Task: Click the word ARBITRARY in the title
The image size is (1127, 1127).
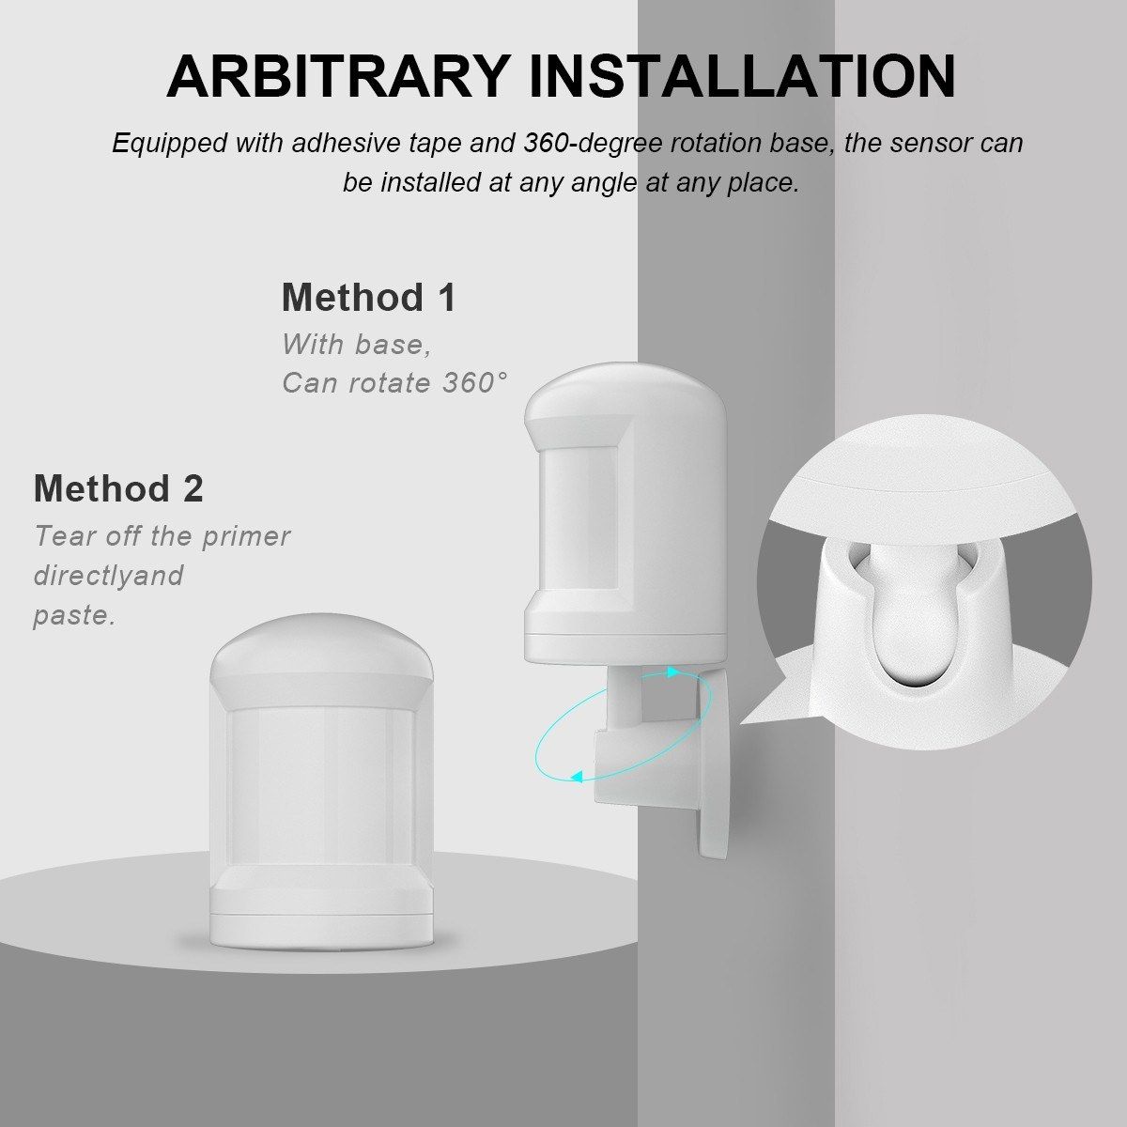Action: click(x=339, y=77)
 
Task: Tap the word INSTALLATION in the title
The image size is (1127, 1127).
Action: click(x=743, y=77)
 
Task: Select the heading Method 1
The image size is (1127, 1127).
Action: click(x=368, y=297)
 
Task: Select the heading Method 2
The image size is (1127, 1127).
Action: click(x=118, y=487)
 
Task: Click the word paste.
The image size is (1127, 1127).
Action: click(x=74, y=616)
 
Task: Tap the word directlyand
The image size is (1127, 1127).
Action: click(x=109, y=576)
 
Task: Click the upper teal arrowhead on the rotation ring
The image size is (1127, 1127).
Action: click(x=673, y=672)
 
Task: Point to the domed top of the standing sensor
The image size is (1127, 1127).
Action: click(x=321, y=645)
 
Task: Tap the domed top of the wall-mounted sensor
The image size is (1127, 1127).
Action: click(x=625, y=388)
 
